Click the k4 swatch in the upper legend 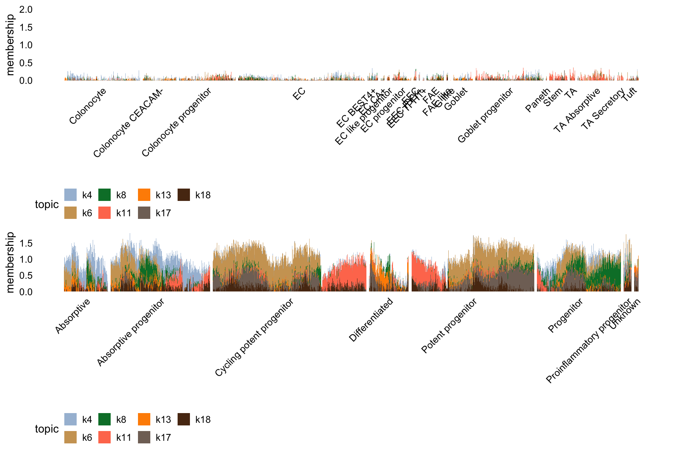71,195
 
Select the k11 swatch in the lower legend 104,437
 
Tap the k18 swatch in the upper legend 184,195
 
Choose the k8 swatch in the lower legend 104,419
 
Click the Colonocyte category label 88,106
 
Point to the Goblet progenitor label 485,115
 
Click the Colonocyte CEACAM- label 128,125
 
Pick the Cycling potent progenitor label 254,337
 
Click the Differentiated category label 371,320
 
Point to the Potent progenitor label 449,326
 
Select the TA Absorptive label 577,110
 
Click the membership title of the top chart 10,45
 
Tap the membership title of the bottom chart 10,262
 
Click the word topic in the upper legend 47,204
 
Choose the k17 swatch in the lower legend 144,437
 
